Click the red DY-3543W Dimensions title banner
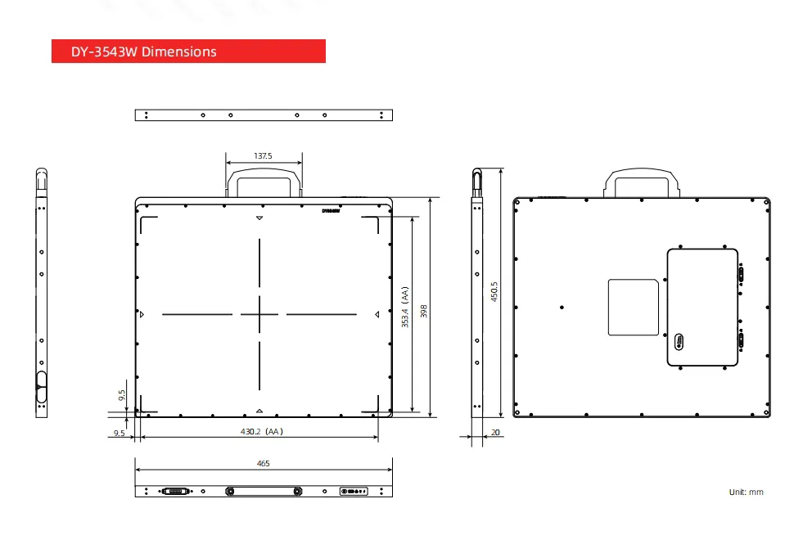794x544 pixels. tap(188, 52)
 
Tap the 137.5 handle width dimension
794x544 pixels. tap(263, 155)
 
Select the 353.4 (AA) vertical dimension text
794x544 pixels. tap(404, 307)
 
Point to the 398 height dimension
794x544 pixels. tap(423, 311)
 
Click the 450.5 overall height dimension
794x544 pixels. tap(494, 293)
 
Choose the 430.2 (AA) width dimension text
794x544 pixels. tap(261, 431)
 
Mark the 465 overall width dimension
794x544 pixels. tap(263, 464)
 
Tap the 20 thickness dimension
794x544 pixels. tap(496, 431)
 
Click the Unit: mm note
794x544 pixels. tap(746, 492)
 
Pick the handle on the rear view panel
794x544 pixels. tap(643, 182)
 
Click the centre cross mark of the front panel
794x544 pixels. tap(260, 314)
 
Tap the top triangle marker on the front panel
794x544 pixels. tap(259, 219)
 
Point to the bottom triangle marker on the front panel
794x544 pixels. tap(259, 411)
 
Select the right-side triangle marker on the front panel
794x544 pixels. tap(377, 314)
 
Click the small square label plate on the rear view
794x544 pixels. tap(634, 308)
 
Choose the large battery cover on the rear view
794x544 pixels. tap(702, 307)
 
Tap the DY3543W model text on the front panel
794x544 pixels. tap(331, 210)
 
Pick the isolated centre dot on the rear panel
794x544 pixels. tap(562, 308)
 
